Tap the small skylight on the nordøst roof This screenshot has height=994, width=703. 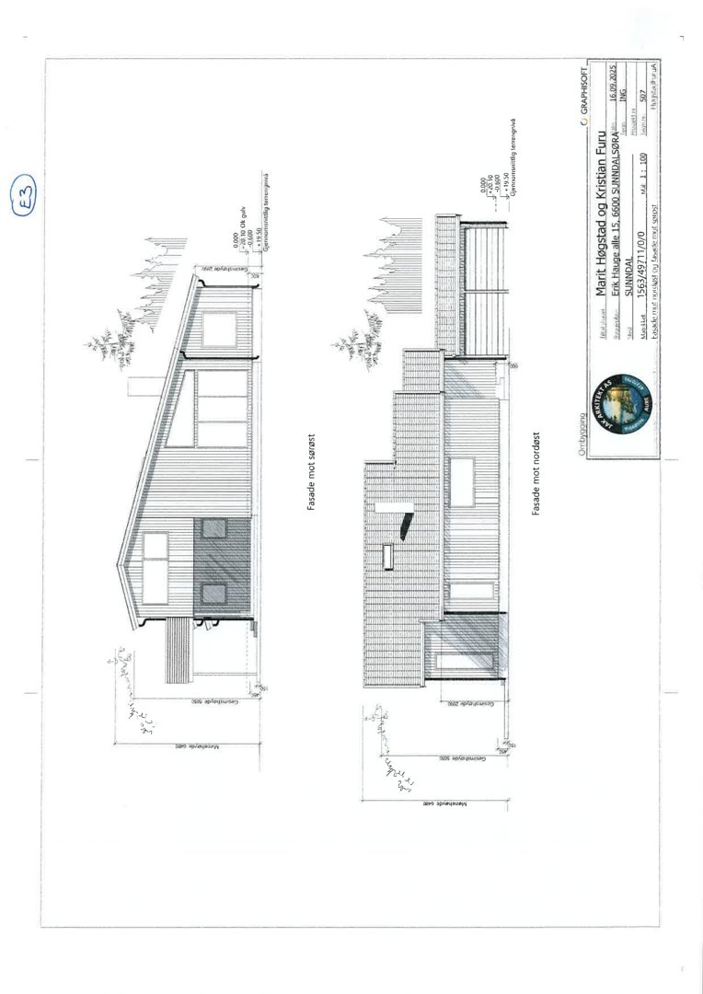click(x=388, y=556)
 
